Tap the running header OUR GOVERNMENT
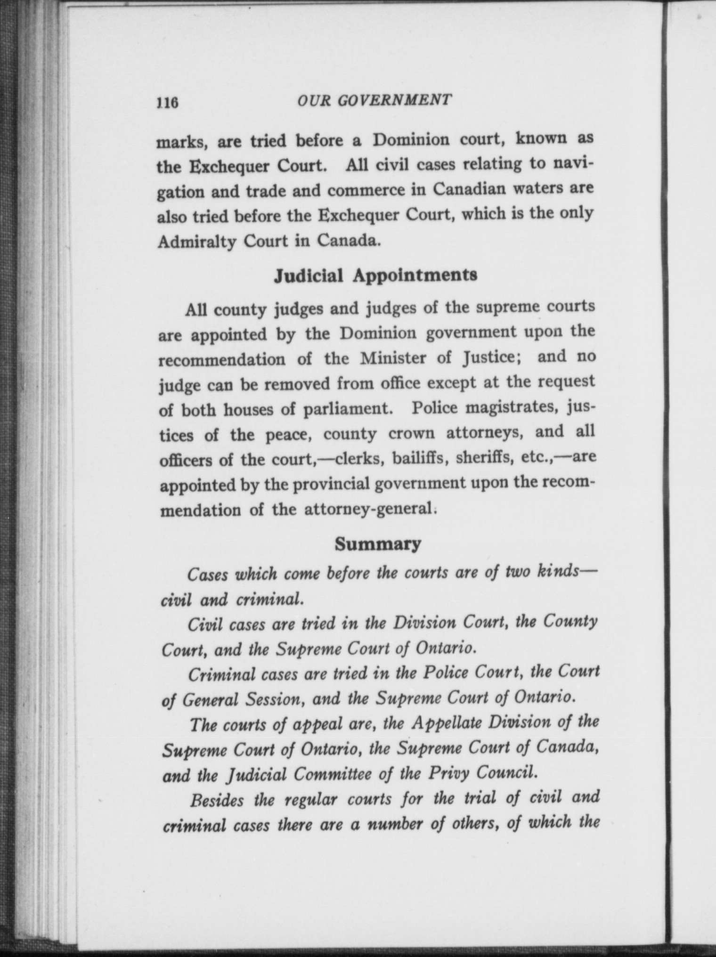pyautogui.click(x=375, y=100)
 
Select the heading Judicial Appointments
pyautogui.click(x=375, y=275)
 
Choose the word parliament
pyautogui.click(x=348, y=410)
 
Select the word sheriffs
pyautogui.click(x=484, y=458)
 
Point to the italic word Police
pyautogui.click(x=445, y=673)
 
